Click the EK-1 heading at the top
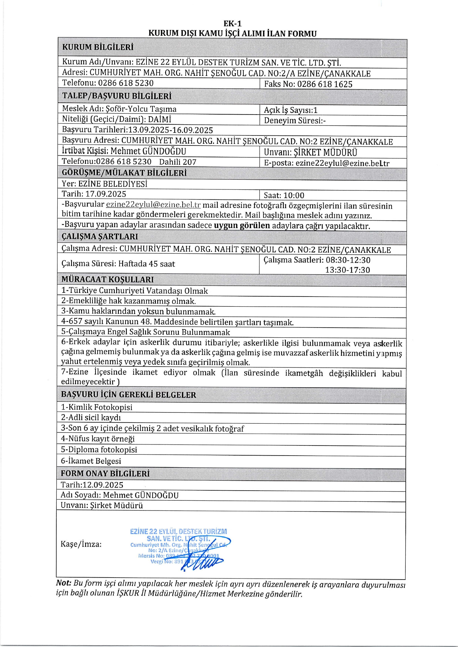click(233, 24)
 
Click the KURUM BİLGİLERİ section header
click(98, 47)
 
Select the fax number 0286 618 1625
click(325, 84)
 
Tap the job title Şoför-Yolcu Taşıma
click(141, 109)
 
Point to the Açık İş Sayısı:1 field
click(291, 110)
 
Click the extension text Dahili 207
click(178, 162)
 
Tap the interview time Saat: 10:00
click(284, 195)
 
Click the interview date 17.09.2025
click(106, 194)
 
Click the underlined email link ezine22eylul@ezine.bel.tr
click(153, 205)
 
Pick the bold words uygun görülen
click(242, 225)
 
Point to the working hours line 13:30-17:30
click(347, 270)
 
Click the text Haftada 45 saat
click(146, 264)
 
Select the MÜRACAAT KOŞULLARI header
click(107, 279)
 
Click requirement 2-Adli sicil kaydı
click(91, 418)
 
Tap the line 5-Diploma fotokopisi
click(99, 450)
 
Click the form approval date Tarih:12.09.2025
click(92, 485)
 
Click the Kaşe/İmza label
click(81, 544)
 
